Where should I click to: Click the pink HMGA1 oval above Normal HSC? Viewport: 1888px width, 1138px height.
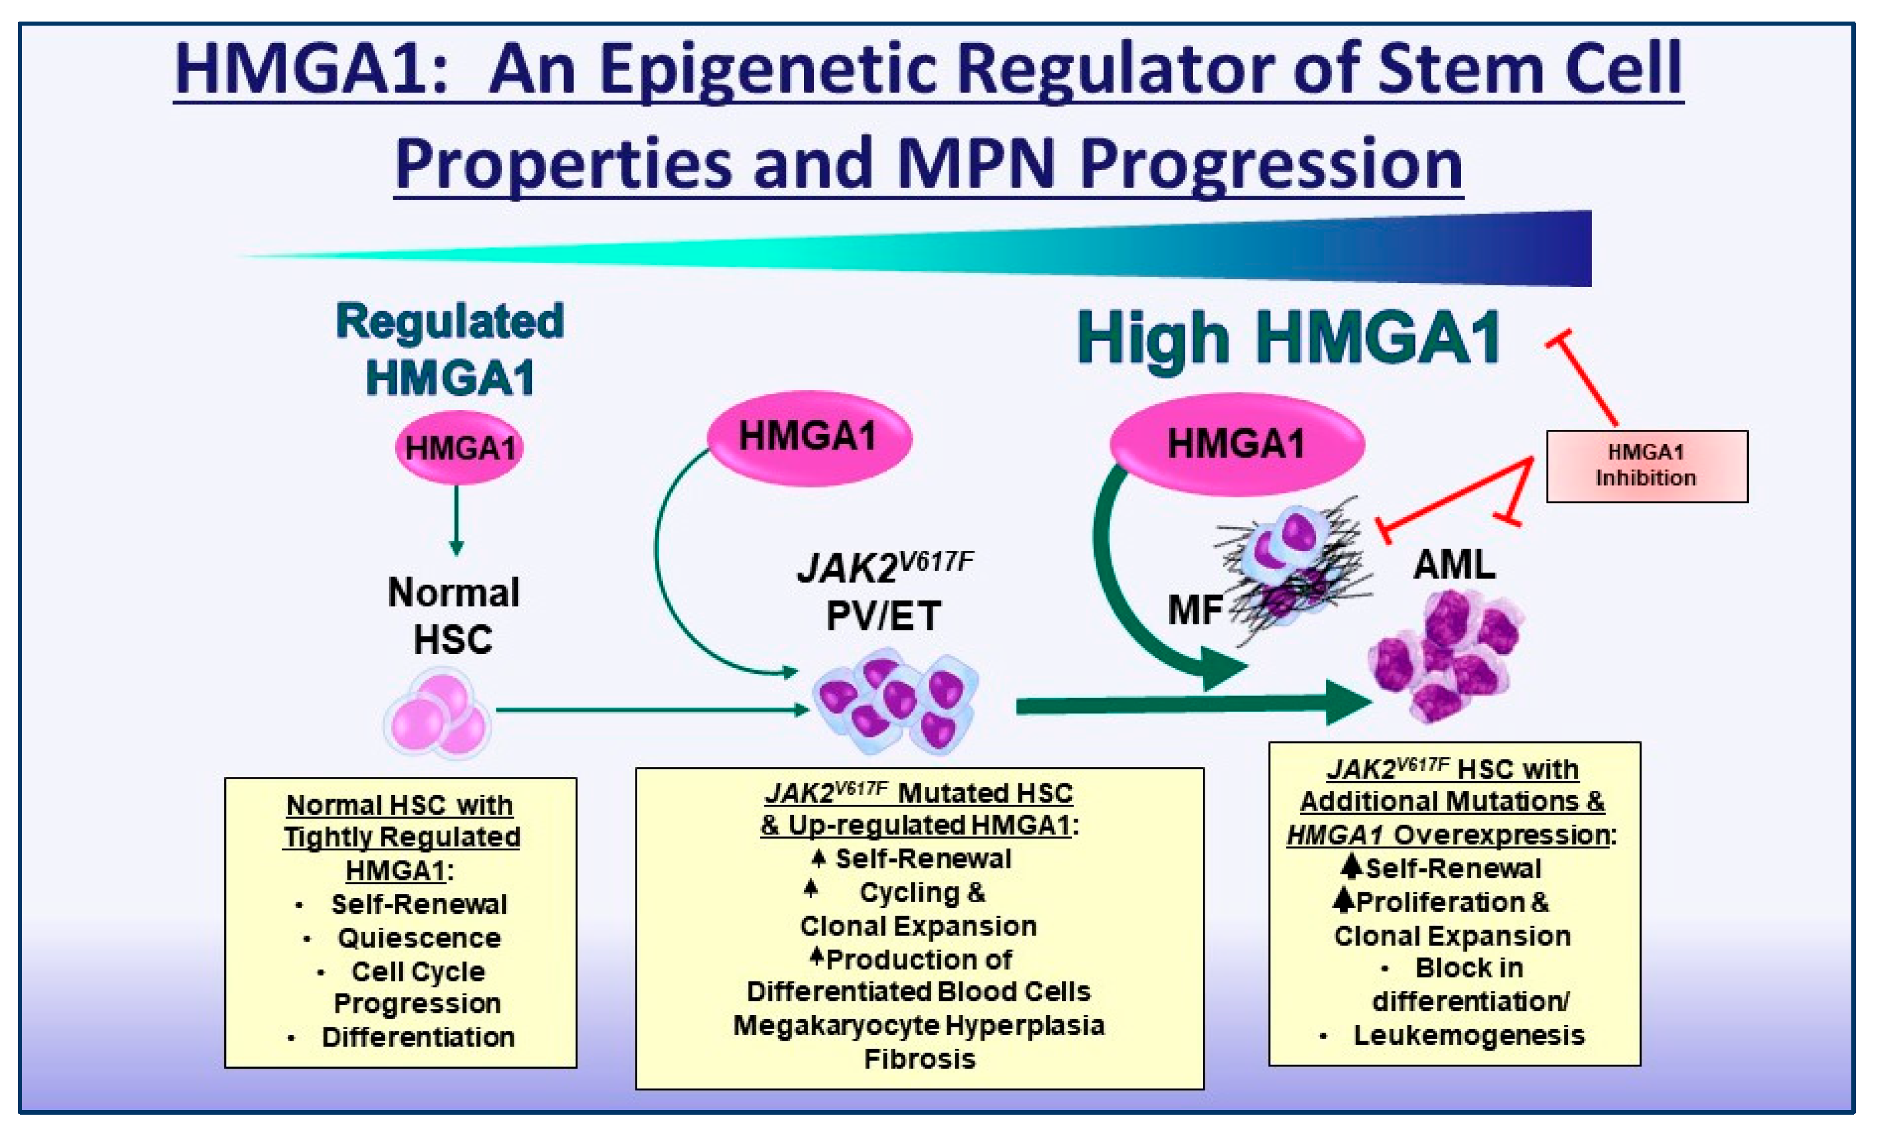(x=459, y=448)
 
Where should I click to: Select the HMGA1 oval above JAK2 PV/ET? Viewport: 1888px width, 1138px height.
(x=809, y=437)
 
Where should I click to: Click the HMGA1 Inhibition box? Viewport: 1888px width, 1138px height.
(x=1646, y=465)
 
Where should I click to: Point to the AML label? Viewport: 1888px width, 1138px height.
(x=1453, y=565)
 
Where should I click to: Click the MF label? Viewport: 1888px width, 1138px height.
(x=1194, y=610)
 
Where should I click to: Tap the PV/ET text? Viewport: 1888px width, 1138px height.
(x=884, y=616)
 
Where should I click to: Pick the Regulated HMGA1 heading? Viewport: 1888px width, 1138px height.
(x=450, y=349)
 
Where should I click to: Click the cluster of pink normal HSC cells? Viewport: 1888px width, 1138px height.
(x=437, y=715)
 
